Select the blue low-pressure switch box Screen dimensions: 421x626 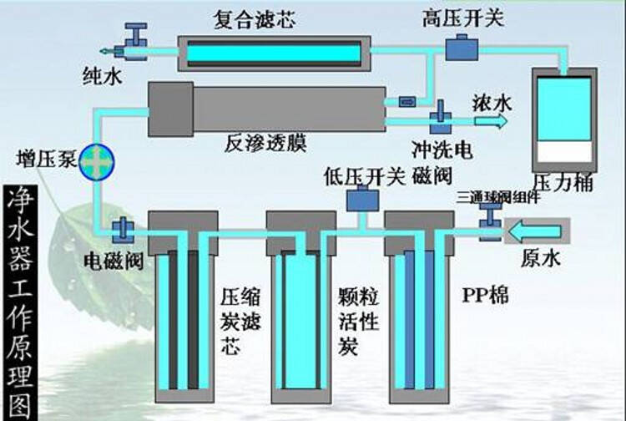point(361,200)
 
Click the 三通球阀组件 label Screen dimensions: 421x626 point(497,197)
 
